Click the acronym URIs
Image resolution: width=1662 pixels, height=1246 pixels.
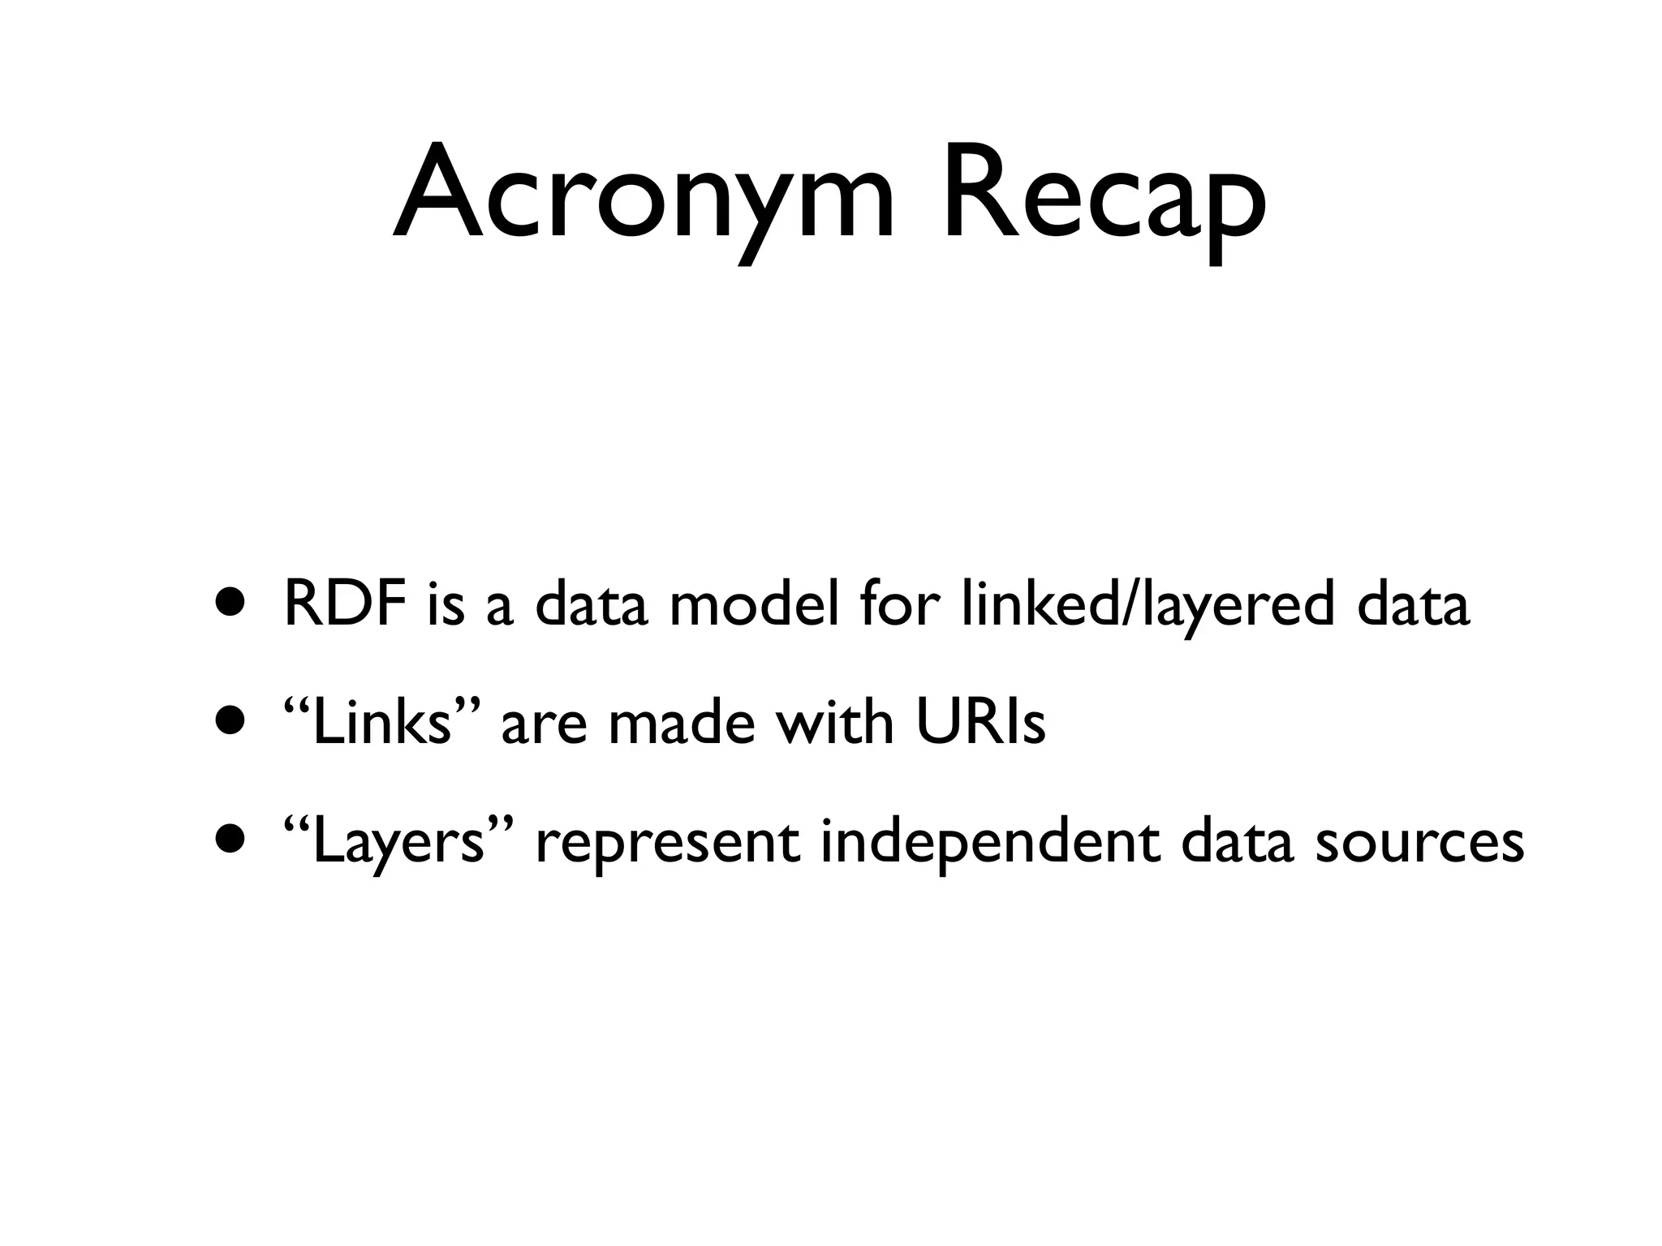coord(980,723)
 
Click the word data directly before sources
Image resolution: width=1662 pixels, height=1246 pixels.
coord(1236,841)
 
